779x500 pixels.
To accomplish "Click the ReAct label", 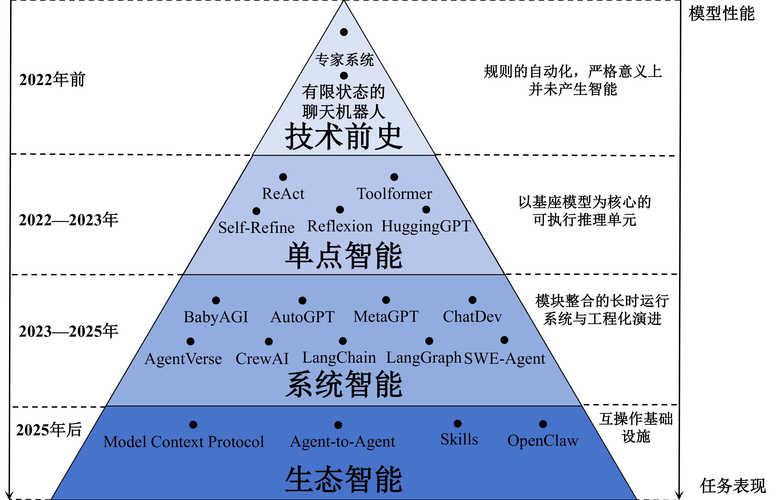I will [x=283, y=194].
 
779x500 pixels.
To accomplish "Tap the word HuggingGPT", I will [x=426, y=226].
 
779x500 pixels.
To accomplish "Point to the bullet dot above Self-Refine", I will [x=256, y=211].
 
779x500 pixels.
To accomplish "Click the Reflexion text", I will [x=340, y=226].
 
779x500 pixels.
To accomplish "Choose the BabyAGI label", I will [x=216, y=317].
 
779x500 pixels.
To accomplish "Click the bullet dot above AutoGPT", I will [x=303, y=301].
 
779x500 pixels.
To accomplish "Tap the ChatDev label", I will [x=472, y=317].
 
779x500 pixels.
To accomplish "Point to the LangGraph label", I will [x=424, y=358].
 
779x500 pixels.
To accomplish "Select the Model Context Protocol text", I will [x=184, y=442].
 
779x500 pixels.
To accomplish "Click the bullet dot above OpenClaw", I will [x=543, y=424].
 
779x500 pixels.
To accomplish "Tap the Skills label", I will [x=459, y=440].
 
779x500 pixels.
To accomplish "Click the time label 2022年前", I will [x=52, y=80].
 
